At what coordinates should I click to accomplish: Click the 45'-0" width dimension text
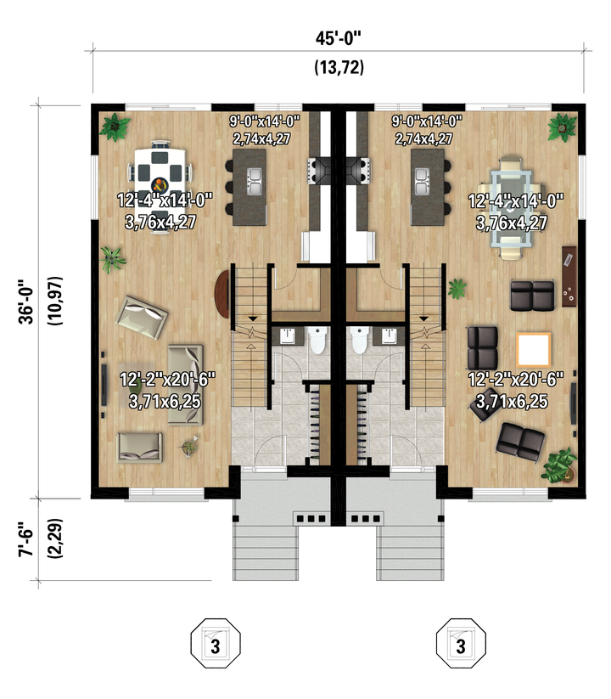(x=338, y=38)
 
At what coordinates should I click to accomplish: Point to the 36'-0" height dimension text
(x=26, y=302)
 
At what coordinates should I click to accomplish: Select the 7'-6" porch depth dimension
(x=26, y=539)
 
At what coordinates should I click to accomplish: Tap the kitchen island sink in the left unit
(x=254, y=181)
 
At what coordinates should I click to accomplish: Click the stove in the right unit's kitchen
(x=359, y=170)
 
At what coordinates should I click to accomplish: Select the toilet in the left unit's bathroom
(x=317, y=340)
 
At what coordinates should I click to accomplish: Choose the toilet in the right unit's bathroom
(x=359, y=340)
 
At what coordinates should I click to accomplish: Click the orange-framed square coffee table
(x=534, y=350)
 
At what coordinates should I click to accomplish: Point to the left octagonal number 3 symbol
(x=216, y=643)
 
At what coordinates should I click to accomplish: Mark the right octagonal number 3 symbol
(x=461, y=643)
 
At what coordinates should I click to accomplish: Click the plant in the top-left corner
(x=115, y=127)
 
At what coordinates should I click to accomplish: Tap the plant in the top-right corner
(x=562, y=127)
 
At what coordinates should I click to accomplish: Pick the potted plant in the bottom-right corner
(x=559, y=465)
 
